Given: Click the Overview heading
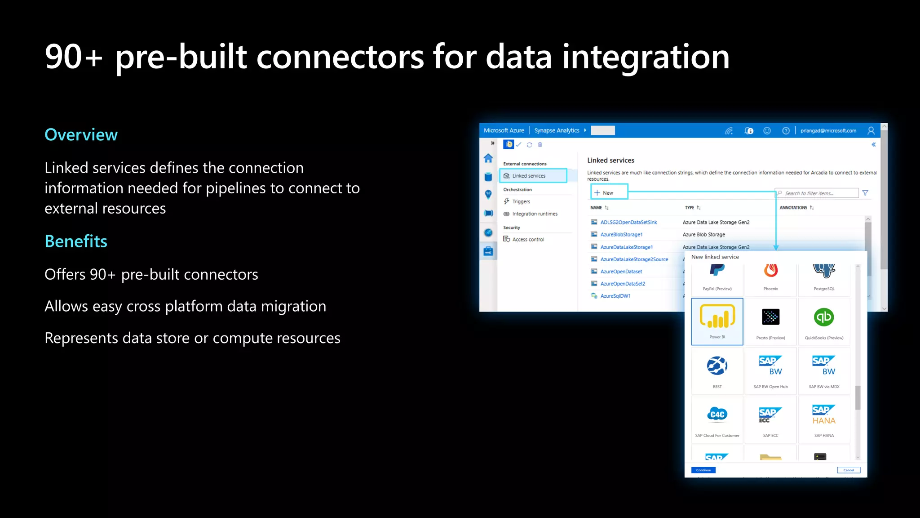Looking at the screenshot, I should [x=81, y=135].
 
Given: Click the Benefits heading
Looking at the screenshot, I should [x=76, y=241].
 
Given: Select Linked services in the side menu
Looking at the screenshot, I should [x=529, y=176].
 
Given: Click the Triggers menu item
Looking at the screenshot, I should [x=521, y=201].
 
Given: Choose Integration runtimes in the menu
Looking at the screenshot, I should [x=535, y=214].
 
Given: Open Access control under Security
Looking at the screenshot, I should [x=528, y=240].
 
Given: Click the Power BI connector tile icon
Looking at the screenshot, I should [x=717, y=317].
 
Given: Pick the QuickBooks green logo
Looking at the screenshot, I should [x=824, y=317].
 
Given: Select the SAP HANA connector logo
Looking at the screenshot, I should [x=824, y=415].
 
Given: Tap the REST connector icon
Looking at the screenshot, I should [x=717, y=366].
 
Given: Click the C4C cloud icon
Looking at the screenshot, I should [x=717, y=414].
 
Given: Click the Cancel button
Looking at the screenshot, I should [x=849, y=470].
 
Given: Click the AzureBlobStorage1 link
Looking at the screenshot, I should [x=621, y=235].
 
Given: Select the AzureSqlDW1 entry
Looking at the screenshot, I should [x=615, y=296].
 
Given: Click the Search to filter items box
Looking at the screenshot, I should [x=818, y=193].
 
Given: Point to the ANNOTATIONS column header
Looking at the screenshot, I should [x=793, y=208].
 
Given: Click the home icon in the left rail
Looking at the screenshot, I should [x=488, y=158].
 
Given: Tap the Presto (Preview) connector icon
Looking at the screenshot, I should [x=771, y=317].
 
